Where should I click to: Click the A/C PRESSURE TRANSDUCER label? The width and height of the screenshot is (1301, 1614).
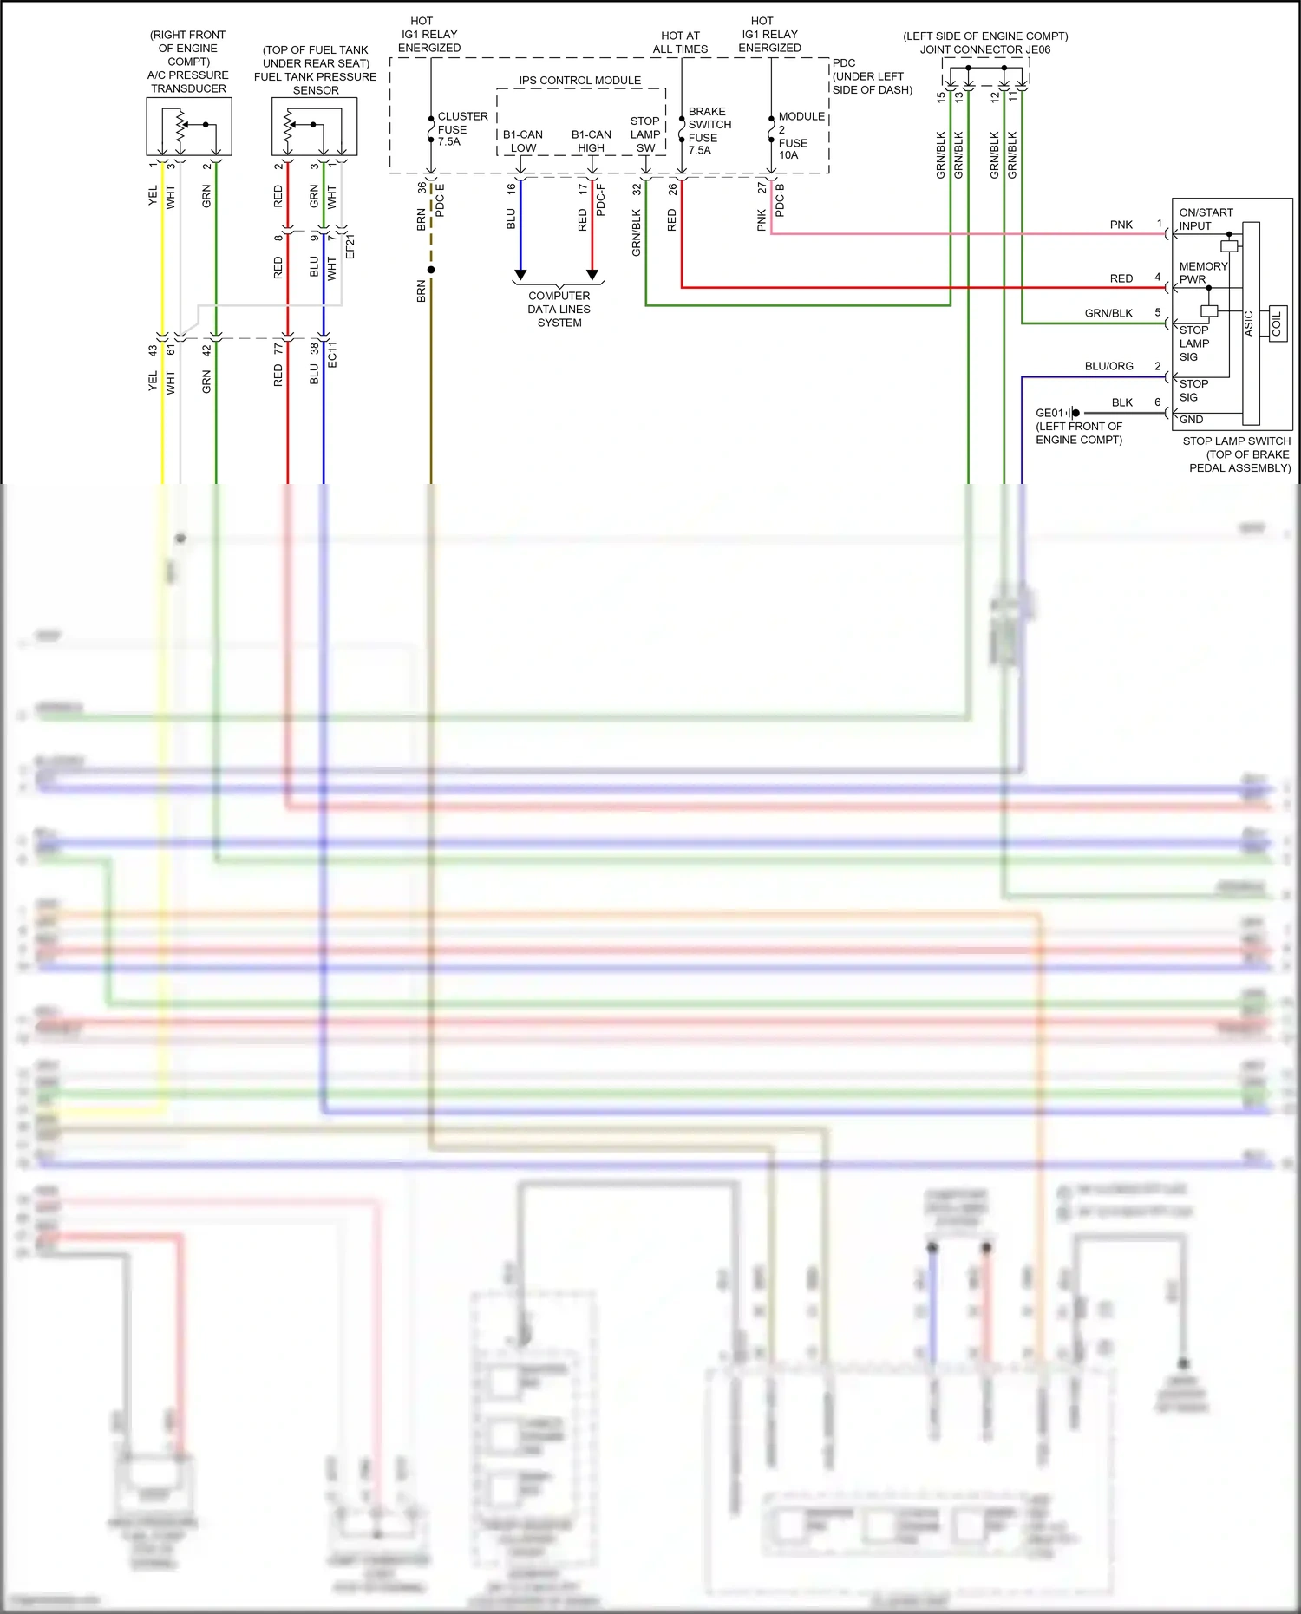click(x=188, y=82)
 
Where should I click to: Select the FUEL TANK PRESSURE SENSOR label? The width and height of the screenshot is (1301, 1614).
click(x=316, y=83)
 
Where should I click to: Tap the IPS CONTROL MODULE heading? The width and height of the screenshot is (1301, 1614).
click(x=579, y=81)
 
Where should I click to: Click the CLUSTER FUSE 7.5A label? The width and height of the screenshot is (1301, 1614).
click(x=461, y=128)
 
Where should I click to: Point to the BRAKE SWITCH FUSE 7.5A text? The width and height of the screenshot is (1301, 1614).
click(x=709, y=131)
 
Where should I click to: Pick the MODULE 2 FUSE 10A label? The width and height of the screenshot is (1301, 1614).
click(x=800, y=135)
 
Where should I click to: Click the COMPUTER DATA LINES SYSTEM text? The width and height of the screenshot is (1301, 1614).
click(x=559, y=309)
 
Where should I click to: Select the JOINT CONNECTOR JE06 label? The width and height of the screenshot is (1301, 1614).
click(x=984, y=49)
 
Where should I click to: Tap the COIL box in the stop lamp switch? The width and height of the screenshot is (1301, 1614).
click(x=1277, y=323)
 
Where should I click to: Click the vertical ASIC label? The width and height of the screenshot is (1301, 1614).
click(x=1249, y=323)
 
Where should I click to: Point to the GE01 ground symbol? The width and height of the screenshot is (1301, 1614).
click(x=1073, y=413)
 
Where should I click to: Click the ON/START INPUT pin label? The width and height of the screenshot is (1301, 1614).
click(x=1205, y=219)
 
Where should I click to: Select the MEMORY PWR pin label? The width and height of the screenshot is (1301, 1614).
click(x=1202, y=272)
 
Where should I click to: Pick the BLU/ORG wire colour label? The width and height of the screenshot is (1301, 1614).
click(x=1108, y=366)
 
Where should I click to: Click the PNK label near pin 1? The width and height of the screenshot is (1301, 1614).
click(x=1121, y=225)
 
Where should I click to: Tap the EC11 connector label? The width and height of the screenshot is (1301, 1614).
click(x=332, y=354)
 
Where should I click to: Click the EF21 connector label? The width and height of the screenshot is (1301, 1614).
click(x=350, y=246)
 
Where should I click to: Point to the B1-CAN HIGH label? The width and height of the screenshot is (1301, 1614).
click(x=591, y=141)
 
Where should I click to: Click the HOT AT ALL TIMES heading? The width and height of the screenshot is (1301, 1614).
click(x=680, y=42)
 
